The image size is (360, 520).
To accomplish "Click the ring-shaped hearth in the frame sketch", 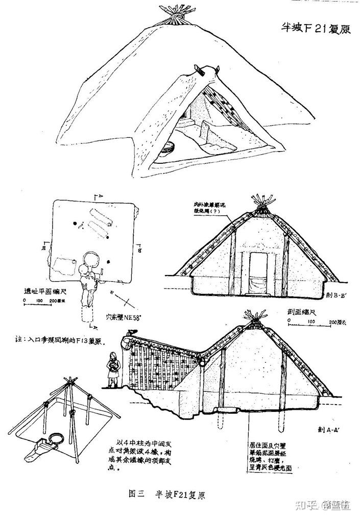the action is tap(56, 438).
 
